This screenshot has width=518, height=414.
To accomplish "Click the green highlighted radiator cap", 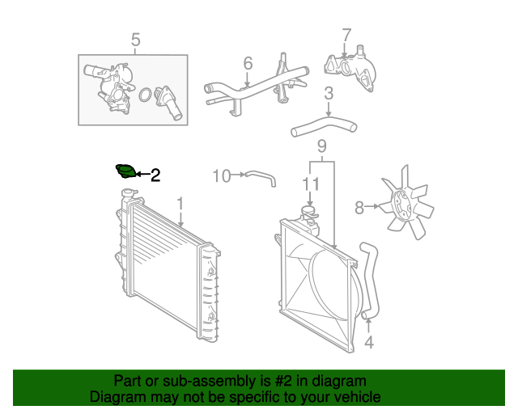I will point(125,172).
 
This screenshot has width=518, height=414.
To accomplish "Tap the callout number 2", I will point(155,174).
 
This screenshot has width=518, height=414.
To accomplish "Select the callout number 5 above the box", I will point(135,40).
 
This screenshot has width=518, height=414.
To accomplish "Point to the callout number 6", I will point(248,62).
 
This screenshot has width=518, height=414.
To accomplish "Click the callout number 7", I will point(346,36).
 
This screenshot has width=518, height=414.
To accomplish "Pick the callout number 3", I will point(329,95).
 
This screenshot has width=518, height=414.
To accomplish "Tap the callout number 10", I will point(221,175).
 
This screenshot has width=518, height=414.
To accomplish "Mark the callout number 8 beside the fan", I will point(360,208).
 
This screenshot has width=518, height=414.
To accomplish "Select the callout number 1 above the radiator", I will point(180,204).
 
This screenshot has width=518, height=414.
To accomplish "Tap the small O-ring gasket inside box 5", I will point(145,96).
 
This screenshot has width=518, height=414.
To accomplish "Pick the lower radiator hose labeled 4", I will point(372,279).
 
